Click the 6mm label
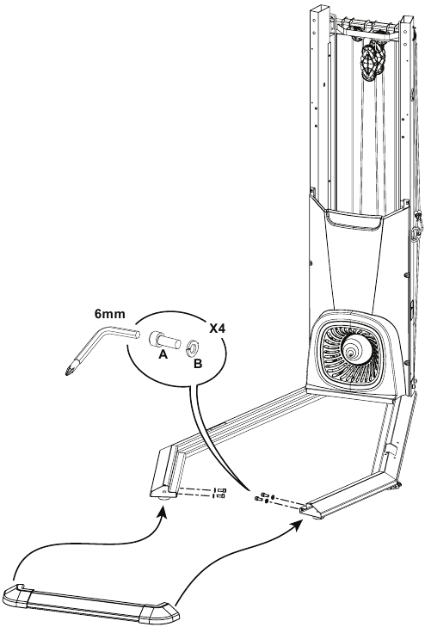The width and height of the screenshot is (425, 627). (x=110, y=314)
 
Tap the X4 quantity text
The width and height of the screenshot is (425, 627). (x=218, y=329)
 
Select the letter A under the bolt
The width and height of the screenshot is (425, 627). (x=163, y=354)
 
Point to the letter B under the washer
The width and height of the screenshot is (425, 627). (x=198, y=364)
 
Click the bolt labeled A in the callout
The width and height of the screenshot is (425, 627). (x=164, y=341)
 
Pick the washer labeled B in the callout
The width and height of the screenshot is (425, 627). (x=193, y=347)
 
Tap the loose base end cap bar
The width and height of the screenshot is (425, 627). (x=91, y=604)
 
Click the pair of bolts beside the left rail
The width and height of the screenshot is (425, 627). (x=220, y=493)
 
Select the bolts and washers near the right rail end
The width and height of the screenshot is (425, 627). (x=264, y=497)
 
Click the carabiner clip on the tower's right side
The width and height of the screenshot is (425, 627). (x=418, y=225)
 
